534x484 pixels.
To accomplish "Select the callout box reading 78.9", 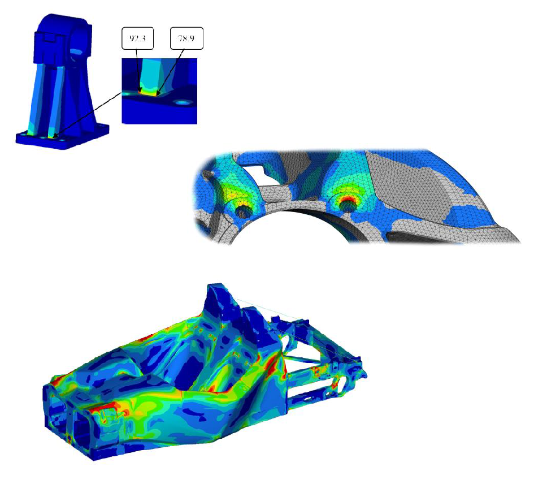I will (x=185, y=40).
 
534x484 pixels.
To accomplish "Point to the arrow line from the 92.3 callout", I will (x=137, y=68).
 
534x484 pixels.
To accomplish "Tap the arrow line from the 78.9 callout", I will (x=172, y=68).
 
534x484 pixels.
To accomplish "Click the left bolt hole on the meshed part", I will (x=244, y=210).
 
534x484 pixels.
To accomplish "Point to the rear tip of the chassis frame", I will (x=365, y=373).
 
